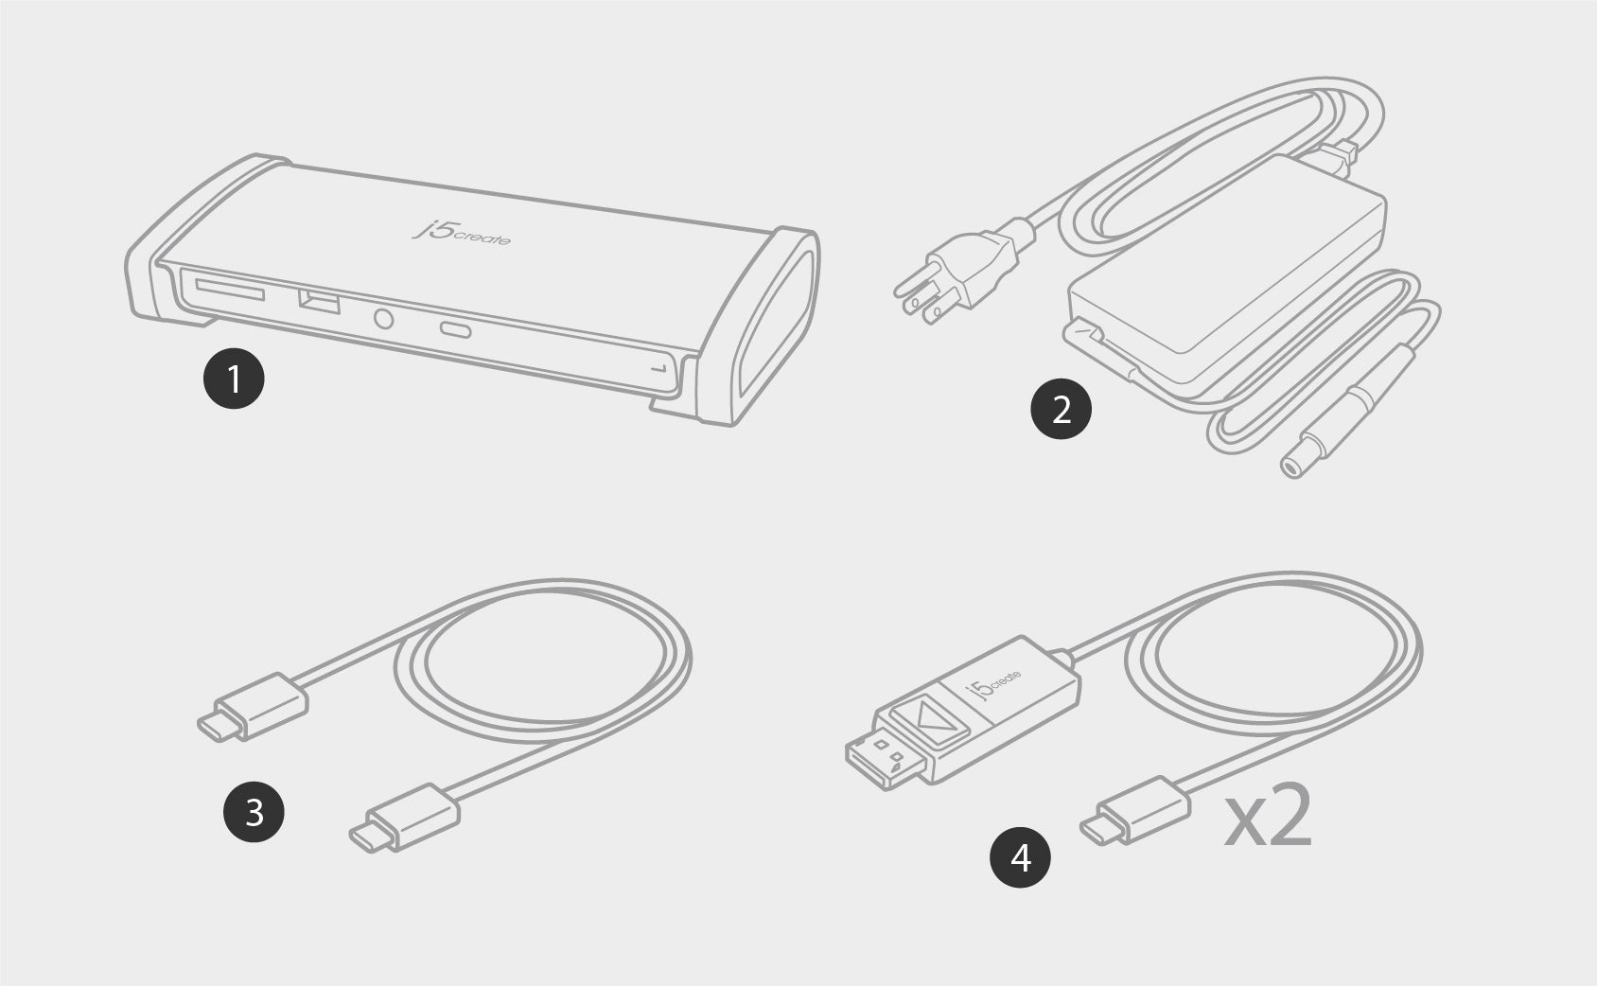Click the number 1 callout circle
pos(234,378)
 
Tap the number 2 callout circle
pos(1061,409)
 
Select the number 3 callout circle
pos(254,812)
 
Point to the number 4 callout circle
pos(1020,857)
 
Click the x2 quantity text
pos(1269,816)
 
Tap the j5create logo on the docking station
pos(462,233)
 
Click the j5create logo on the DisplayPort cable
pos(992,684)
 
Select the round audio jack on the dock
pos(383,318)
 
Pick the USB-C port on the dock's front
pos(456,329)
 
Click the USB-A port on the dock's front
pos(319,302)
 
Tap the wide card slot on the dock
pos(230,291)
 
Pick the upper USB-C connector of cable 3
pos(254,707)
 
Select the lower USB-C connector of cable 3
pos(404,818)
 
